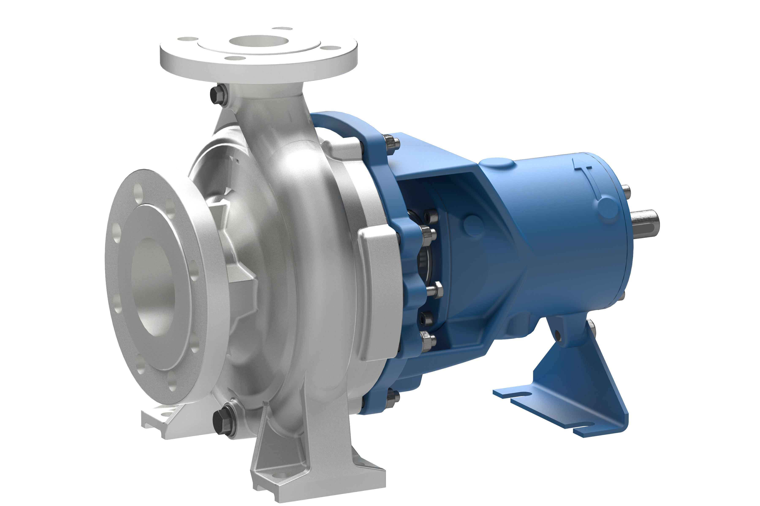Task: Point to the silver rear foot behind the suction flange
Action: pos(161,420)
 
